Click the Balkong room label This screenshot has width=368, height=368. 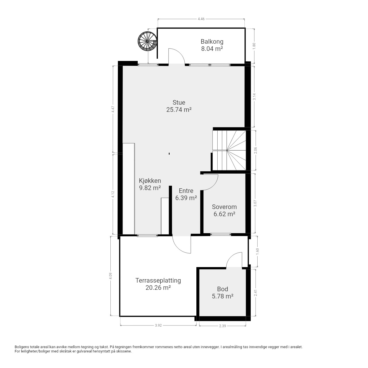click(x=212, y=42)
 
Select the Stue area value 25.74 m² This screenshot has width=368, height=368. click(x=179, y=110)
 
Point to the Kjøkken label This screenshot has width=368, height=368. click(x=150, y=181)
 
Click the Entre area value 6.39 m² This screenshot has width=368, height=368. click(x=186, y=198)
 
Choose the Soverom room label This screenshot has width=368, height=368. click(x=224, y=207)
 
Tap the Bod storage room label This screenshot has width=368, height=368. click(x=223, y=289)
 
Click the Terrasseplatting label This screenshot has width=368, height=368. click(x=158, y=281)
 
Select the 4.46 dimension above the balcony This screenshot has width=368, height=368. click(x=201, y=19)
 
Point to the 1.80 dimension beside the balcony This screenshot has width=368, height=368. click(x=254, y=46)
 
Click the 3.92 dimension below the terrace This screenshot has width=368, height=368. click(x=158, y=325)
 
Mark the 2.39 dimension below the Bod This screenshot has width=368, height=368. click(x=223, y=326)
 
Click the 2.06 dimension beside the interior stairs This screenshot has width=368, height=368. click(x=256, y=150)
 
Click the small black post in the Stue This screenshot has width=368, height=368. click(x=169, y=153)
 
